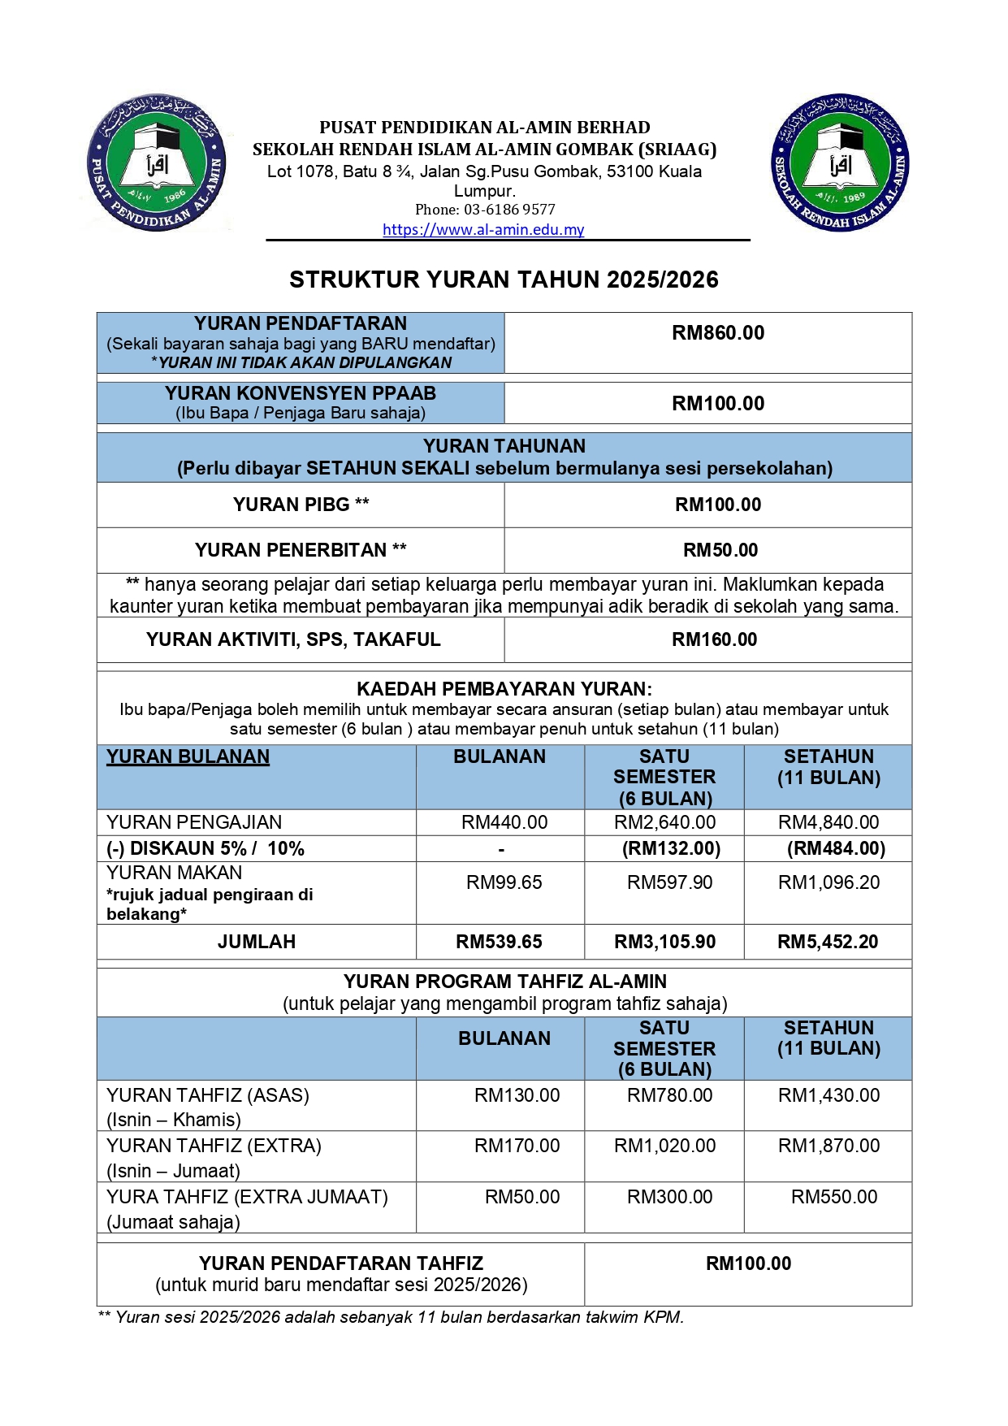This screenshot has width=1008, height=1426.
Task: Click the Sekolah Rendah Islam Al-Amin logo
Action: [x=840, y=162]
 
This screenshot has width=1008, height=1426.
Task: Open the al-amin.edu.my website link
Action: [x=483, y=230]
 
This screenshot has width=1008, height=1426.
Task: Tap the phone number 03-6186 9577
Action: [x=509, y=210]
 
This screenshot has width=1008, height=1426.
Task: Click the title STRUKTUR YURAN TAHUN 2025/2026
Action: [x=504, y=280]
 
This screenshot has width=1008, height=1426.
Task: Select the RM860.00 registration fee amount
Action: [x=718, y=333]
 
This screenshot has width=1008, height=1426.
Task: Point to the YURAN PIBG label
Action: [x=301, y=505]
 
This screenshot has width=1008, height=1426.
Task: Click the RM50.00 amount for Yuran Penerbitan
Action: [x=720, y=550]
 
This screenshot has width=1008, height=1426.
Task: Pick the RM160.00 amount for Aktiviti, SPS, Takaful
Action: [x=714, y=639]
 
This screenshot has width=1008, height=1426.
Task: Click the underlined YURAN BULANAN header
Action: [x=188, y=756]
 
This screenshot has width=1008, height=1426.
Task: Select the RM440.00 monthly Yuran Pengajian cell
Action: [x=504, y=822]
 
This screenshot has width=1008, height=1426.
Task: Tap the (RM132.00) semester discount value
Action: [x=671, y=849]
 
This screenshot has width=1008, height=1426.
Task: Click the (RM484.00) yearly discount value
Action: [x=836, y=849]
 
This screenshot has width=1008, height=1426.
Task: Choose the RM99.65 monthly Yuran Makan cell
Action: [x=504, y=882]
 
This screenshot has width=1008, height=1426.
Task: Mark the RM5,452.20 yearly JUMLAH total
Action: [x=828, y=942]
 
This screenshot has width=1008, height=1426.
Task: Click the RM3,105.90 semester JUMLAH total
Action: [x=664, y=942]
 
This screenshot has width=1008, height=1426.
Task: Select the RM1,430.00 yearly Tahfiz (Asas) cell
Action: [x=828, y=1095]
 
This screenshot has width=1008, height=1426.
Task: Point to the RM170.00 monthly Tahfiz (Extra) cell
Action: [x=517, y=1146]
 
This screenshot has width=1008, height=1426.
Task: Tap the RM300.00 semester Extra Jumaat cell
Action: [x=669, y=1197]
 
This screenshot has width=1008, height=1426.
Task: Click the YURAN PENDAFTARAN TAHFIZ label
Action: [x=341, y=1263]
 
